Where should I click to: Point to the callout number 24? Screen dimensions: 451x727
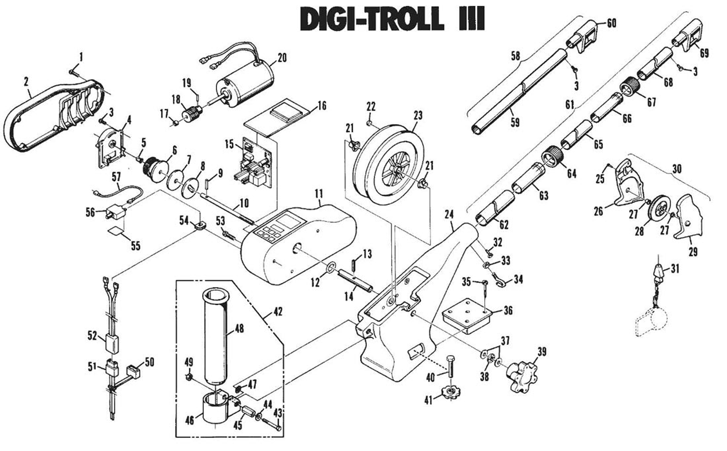(449, 214)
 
